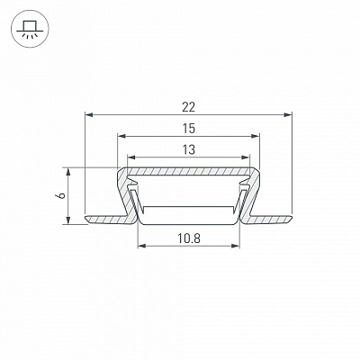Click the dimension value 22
(188, 107)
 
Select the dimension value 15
(189, 129)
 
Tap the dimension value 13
(189, 149)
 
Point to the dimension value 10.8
(189, 238)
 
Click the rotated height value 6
(61, 195)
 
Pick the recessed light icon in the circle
(28, 30)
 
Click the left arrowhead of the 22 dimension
(89, 114)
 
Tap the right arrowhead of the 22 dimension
(288, 114)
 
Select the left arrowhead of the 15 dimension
(121, 136)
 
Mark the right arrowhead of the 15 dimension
(256, 136)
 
